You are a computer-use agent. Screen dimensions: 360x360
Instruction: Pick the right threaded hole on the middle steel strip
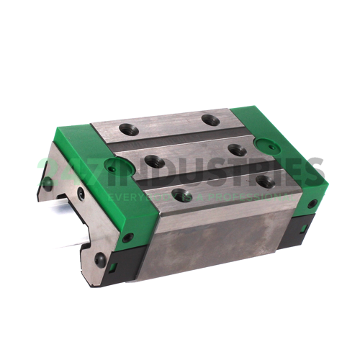click(x=235, y=150)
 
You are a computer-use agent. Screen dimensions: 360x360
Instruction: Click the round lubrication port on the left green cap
click(x=111, y=169)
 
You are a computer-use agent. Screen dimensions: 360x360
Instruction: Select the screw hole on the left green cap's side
click(x=127, y=237)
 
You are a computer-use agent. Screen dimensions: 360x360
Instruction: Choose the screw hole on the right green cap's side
click(x=311, y=204)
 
